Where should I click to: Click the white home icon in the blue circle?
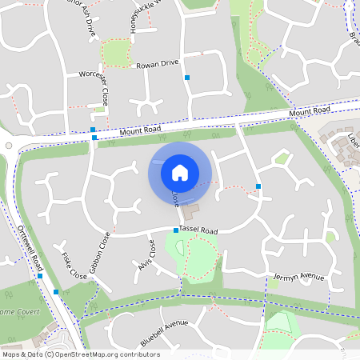tap(180, 172)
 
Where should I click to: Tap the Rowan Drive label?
tap(157, 63)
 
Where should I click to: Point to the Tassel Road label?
tap(198, 230)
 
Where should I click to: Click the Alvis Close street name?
tap(145, 255)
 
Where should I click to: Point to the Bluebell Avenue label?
tap(163, 332)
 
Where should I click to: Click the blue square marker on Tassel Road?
tap(176, 230)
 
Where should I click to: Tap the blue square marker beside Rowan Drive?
tap(187, 78)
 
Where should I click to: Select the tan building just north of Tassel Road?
tap(190, 213)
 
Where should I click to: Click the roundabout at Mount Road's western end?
tap(8, 145)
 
